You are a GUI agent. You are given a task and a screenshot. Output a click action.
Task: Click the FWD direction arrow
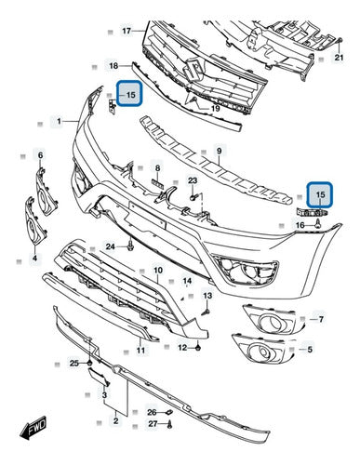33,430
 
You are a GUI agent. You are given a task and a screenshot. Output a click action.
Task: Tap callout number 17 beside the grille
127,31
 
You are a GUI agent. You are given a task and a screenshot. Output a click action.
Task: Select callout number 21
340,58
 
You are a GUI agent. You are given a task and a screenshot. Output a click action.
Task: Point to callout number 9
220,152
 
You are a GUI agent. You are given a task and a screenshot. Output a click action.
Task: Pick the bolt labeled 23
193,197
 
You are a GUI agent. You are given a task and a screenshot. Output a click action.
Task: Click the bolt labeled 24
130,247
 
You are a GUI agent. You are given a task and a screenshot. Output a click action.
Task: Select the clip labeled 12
199,348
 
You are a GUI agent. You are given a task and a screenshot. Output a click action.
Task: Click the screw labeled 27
169,425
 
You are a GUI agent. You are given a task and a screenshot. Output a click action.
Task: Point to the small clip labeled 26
169,412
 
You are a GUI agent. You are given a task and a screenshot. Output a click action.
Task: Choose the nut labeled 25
89,363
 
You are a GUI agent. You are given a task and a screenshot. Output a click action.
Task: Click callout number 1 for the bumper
60,121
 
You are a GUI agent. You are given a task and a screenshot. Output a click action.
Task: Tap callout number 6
41,155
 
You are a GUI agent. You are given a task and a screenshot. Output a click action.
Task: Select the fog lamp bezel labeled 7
271,319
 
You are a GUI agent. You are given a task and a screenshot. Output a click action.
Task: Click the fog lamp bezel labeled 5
263,349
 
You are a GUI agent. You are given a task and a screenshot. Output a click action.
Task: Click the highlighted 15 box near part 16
320,194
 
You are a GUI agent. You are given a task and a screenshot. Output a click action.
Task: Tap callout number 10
158,270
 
